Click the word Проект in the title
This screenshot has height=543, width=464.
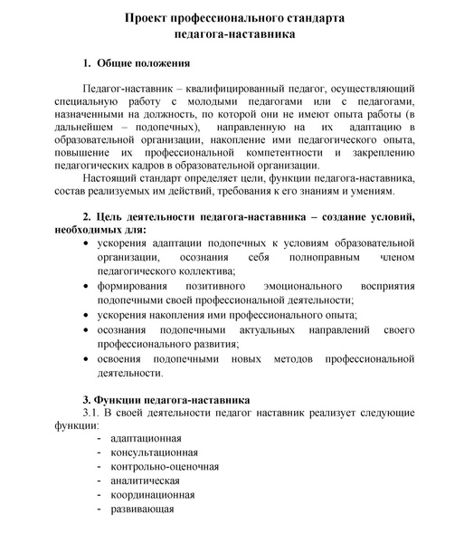click(148, 17)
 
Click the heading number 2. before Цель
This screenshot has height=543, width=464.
click(88, 217)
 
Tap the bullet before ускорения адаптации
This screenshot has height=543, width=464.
click(86, 244)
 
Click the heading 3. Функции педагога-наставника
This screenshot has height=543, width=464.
click(166, 399)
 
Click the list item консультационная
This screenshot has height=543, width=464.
click(154, 452)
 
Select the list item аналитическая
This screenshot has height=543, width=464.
click(145, 481)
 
